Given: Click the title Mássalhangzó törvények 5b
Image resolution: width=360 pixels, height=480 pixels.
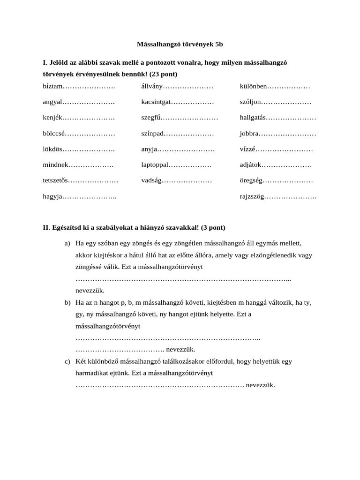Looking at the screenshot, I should (180, 45).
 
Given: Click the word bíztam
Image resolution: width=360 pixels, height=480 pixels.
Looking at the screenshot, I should (52, 87).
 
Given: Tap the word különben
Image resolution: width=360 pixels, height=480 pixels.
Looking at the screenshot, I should (254, 87).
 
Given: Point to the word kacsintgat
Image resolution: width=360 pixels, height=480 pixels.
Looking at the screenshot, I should (157, 102).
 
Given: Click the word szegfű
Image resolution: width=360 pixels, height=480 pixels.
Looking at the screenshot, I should (150, 118).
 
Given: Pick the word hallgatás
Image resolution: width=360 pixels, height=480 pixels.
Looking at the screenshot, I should (253, 118).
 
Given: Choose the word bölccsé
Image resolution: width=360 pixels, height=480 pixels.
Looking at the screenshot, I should (54, 134).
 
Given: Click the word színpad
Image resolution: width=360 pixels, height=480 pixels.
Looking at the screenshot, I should (153, 134).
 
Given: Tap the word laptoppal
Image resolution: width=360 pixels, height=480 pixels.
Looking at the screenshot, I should (155, 165).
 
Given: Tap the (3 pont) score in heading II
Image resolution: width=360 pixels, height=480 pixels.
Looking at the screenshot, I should (213, 228).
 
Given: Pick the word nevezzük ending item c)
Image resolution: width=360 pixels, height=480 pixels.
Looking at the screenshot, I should (260, 385).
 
